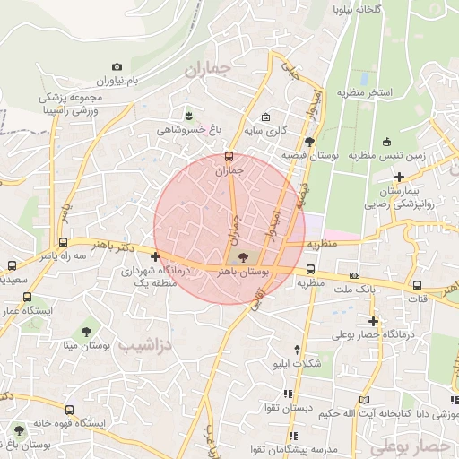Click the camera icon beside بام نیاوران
point(117,67)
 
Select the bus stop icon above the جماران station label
point(229,156)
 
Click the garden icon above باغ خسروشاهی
point(188,115)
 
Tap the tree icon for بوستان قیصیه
point(309,141)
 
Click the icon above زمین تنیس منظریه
point(386,142)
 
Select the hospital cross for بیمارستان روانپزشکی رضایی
point(399,178)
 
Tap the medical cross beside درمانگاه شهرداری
point(156,257)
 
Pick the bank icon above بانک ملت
point(355,275)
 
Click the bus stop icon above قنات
point(418,286)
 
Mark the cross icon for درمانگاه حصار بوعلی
point(373,320)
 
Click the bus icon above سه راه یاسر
point(62,242)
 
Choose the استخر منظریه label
point(365,91)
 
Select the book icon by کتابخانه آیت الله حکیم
point(364,399)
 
